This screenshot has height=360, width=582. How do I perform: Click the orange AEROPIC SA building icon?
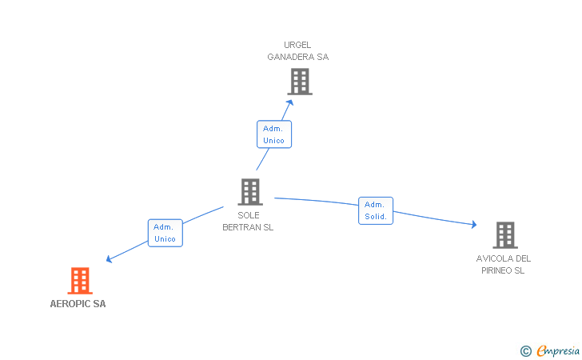click(x=80, y=281)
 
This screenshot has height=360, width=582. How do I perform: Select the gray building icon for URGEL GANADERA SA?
click(x=300, y=82)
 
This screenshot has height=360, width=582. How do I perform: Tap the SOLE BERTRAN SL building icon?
click(x=250, y=192)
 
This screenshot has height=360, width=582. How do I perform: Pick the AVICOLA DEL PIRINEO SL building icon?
click(x=504, y=235)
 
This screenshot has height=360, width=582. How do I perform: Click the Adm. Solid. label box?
click(x=376, y=210)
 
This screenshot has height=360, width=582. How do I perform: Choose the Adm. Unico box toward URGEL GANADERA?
click(x=273, y=134)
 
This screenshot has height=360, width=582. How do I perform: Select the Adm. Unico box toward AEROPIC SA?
click(x=165, y=233)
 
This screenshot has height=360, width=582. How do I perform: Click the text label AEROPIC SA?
click(x=78, y=304)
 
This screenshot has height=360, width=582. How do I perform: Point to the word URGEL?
click(x=297, y=45)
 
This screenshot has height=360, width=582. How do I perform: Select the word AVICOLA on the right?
click(x=491, y=258)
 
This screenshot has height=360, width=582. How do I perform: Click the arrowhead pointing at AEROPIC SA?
click(x=110, y=259)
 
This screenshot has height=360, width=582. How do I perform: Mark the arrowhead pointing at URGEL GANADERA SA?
click(x=291, y=102)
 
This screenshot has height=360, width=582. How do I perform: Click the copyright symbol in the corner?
click(x=525, y=350)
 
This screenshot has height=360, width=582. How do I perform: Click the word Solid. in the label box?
click(x=376, y=216)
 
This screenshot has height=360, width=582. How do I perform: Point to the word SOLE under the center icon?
click(x=249, y=215)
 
